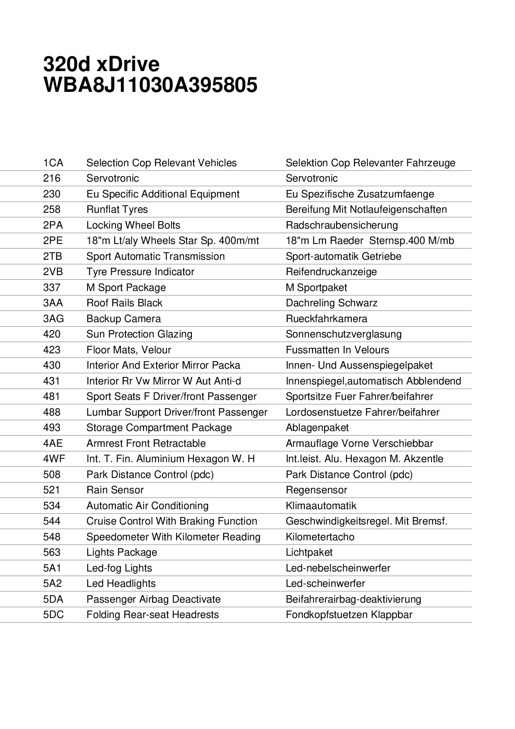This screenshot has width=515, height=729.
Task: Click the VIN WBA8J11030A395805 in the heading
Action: coord(150,85)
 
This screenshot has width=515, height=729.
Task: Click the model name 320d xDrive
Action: coord(101,64)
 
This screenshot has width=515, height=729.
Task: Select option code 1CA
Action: coord(53,163)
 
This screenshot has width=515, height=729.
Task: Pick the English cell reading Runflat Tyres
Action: coord(117,209)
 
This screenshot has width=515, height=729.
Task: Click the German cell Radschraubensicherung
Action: coord(341,225)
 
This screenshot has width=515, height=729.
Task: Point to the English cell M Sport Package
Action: coord(126,288)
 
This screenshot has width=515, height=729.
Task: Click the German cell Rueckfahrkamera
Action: coord(326,319)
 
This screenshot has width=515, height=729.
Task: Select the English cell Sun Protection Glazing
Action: coord(139,334)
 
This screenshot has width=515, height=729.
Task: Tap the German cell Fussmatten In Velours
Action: coord(337,350)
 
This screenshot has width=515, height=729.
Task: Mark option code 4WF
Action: coord(54,459)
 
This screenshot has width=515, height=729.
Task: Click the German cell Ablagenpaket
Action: coord(317,428)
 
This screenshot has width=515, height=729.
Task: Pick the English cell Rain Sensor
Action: coord(115,490)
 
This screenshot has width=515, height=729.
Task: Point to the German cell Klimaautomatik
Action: coord(321,506)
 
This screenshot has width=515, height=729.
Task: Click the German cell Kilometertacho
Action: coord(320,537)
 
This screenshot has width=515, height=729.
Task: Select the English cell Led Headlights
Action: coord(121,584)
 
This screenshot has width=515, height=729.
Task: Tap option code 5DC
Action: coord(54,615)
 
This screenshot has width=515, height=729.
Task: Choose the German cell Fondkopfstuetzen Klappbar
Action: coord(349,615)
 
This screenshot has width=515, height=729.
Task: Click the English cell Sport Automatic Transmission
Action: coord(155,256)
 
